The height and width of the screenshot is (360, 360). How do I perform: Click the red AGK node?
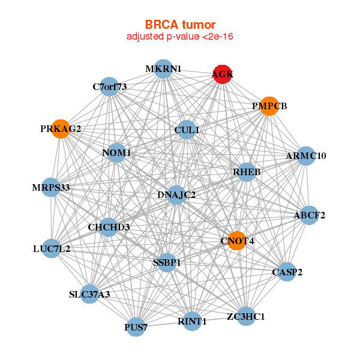[x=223, y=74]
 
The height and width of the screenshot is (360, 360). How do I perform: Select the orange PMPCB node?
[x=269, y=106]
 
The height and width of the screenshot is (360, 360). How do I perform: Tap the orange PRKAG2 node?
[x=61, y=128]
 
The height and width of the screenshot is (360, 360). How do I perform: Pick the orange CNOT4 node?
[x=238, y=241]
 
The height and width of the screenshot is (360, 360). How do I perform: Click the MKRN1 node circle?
[x=163, y=69]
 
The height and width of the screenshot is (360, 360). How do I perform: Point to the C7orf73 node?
[x=109, y=86]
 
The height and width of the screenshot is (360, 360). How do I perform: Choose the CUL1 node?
[x=187, y=130]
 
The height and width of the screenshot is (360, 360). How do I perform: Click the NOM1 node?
[x=116, y=153]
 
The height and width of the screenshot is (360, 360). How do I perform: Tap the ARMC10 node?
[x=306, y=156]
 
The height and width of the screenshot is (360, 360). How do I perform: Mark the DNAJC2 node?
[x=176, y=194]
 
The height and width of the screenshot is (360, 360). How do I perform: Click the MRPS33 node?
[x=52, y=188]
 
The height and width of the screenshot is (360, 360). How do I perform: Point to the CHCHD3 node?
[x=109, y=227]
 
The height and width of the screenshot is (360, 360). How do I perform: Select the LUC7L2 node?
[x=52, y=248]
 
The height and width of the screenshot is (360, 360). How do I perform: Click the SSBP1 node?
[x=167, y=262]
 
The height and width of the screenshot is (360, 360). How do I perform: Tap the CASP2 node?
[x=287, y=272]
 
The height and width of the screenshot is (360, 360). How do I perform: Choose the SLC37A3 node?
[x=89, y=294]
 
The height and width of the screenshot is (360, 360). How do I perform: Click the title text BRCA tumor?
[x=180, y=25]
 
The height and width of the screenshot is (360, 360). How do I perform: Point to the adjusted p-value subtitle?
[x=180, y=37]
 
